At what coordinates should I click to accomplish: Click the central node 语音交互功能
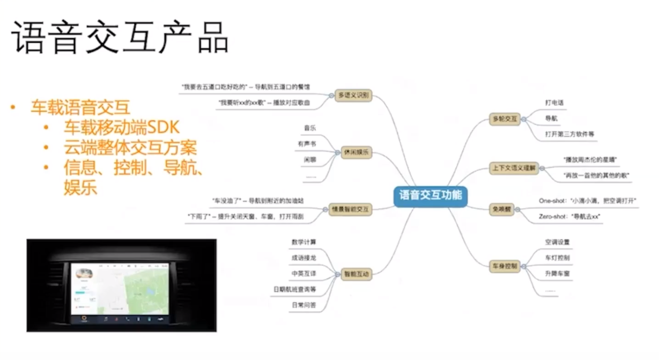431,194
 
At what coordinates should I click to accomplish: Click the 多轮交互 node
505,119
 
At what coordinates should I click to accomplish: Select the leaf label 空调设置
557,242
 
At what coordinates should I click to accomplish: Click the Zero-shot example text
569,216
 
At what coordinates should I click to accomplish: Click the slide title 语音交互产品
119,39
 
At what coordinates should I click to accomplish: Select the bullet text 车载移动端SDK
121,128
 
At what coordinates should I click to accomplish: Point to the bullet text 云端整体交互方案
130,148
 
